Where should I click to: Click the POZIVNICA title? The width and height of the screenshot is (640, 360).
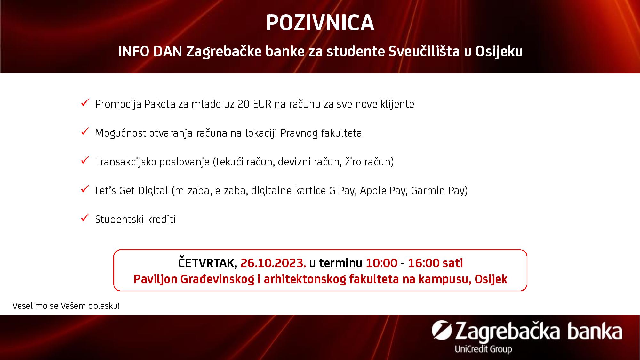click(320, 23)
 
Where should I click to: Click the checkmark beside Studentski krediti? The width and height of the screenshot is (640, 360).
click(85, 219)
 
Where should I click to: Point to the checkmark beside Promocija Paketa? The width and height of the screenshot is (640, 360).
click(85, 103)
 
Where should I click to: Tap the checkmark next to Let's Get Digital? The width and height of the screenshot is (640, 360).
click(85, 189)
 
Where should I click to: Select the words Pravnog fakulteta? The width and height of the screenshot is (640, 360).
click(321, 133)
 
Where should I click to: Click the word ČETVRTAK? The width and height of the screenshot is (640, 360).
click(207, 263)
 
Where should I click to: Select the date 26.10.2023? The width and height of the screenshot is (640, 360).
click(273, 263)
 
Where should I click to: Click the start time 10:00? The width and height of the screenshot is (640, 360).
click(381, 263)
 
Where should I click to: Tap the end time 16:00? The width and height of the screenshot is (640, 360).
click(424, 263)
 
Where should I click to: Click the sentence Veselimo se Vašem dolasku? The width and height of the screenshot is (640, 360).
click(66, 306)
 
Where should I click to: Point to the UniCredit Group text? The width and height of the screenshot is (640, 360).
click(483, 349)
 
